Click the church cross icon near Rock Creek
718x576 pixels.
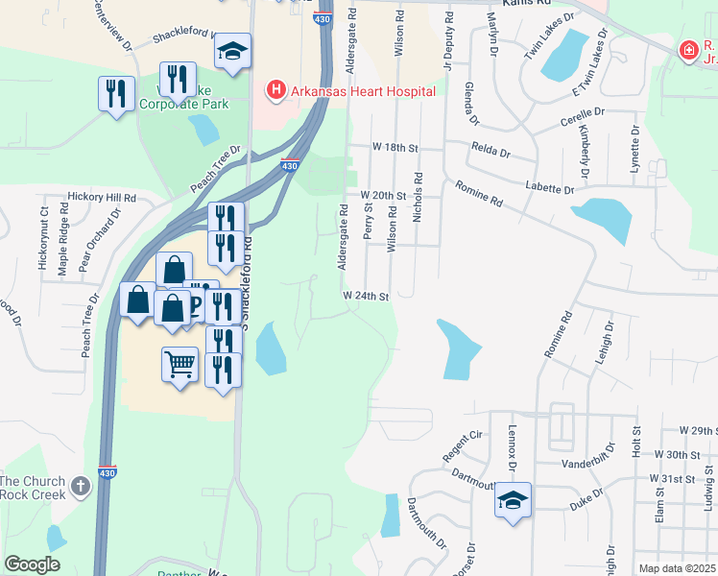(x=82, y=486)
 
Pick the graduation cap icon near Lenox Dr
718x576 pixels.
(x=514, y=501)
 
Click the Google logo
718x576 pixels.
(x=32, y=564)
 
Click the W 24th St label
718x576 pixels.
(x=366, y=297)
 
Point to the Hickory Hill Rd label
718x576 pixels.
(x=102, y=196)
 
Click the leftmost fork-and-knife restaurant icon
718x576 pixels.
(x=116, y=94)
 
